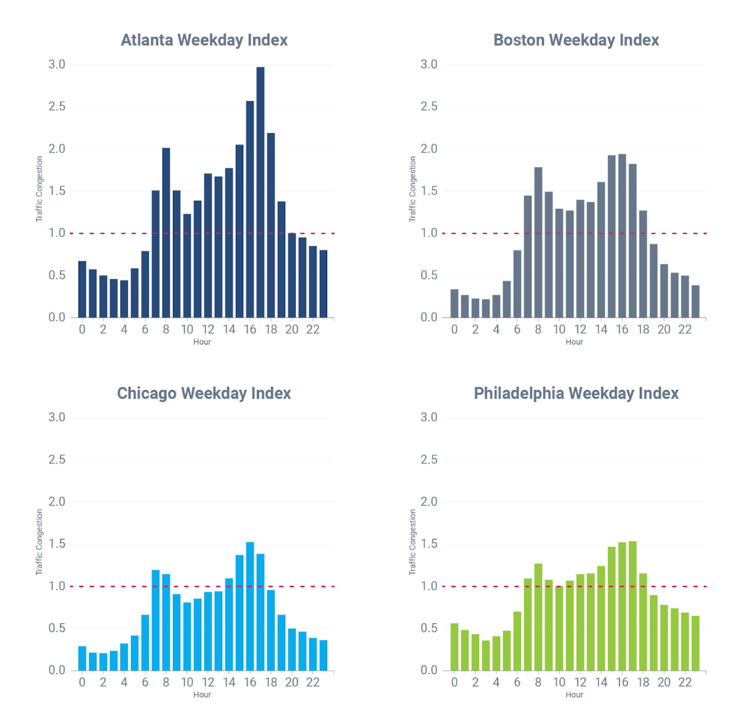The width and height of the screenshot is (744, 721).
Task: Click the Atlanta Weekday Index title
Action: [204, 40]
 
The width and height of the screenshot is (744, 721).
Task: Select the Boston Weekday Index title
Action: [576, 40]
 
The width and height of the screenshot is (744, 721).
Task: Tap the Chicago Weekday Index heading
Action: [204, 394]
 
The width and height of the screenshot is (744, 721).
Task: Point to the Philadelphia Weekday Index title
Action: [576, 394]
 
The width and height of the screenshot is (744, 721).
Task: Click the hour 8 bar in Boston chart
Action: [538, 242]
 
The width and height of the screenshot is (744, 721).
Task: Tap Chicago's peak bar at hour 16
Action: [250, 606]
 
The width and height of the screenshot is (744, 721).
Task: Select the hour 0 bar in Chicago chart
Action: [82, 658]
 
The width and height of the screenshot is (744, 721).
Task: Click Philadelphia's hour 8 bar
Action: [538, 617]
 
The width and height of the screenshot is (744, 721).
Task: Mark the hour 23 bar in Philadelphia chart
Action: [695, 643]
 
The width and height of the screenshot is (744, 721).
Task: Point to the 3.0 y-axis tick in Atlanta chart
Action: [57, 65]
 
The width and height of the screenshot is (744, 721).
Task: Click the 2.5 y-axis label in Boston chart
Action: [429, 107]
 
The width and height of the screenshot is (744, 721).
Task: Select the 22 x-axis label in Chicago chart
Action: [313, 682]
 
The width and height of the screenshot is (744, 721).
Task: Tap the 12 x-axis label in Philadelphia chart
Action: [580, 682]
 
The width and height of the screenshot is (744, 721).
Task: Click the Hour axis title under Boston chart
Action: [574, 342]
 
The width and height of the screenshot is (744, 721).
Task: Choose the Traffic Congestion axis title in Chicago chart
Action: [40, 542]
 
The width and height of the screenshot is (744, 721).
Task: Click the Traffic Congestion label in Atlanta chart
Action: [40, 189]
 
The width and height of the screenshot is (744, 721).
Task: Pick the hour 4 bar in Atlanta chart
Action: [124, 298]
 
